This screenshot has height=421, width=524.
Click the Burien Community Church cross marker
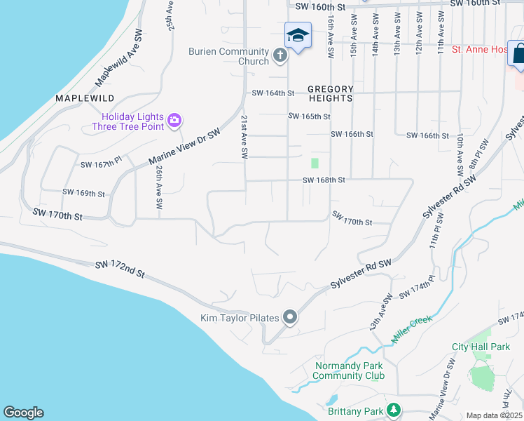[280, 55]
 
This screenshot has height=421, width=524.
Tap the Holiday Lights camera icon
[174, 121]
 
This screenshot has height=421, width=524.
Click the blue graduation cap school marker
[298, 35]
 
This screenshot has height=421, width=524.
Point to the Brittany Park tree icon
[394, 410]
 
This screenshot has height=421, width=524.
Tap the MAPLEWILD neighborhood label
[84, 98]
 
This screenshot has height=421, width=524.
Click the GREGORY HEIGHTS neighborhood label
[331, 93]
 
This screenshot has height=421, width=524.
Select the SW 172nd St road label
[120, 267]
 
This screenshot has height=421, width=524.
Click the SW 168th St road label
[324, 180]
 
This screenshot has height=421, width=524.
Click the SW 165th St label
[309, 116]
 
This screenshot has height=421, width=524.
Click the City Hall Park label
[481, 347]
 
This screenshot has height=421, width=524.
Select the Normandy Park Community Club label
[349, 370]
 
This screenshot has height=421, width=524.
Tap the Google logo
[23, 413]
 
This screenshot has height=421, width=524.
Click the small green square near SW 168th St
[315, 163]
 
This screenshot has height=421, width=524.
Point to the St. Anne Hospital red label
[479, 50]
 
